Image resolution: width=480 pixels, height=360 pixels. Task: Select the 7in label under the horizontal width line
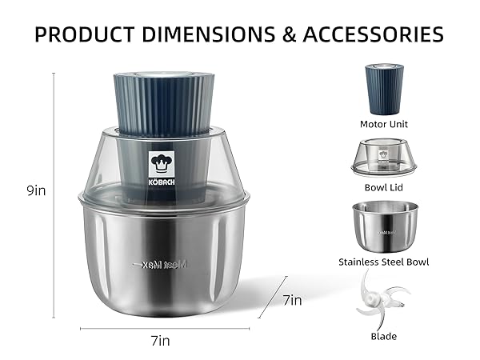coord(160,340)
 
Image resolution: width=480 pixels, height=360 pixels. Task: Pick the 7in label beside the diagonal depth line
coord(293,301)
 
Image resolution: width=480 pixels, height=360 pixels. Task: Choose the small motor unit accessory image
coord(384,89)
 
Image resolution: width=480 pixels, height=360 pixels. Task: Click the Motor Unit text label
coord(384,124)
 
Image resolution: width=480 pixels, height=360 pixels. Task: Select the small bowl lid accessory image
coord(384,158)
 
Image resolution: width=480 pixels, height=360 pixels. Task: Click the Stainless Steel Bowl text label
coord(384,262)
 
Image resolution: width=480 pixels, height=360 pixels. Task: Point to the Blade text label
coord(384,336)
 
